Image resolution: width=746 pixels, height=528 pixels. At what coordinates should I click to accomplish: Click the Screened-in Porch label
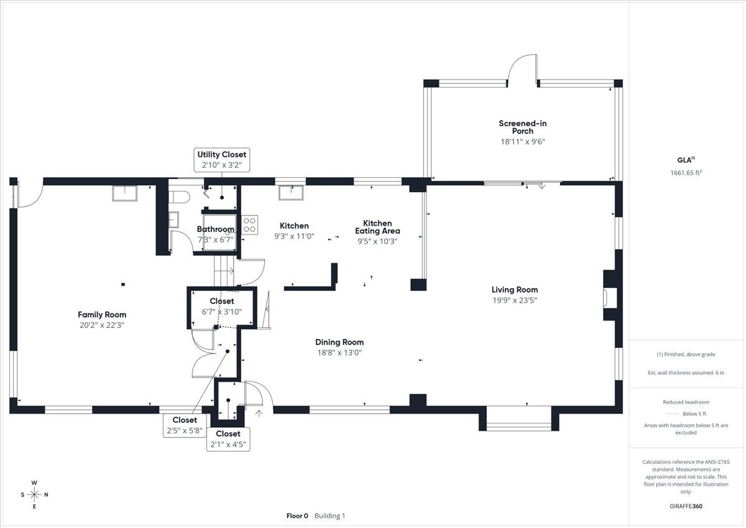pyautogui.click(x=523, y=127)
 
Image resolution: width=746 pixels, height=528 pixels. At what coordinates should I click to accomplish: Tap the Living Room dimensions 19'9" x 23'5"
pyautogui.click(x=515, y=300)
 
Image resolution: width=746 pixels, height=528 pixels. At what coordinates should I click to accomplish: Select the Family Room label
pyautogui.click(x=102, y=315)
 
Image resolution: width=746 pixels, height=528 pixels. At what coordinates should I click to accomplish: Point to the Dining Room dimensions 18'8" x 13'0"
pyautogui.click(x=339, y=353)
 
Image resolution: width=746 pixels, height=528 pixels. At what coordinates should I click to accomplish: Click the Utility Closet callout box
pyautogui.click(x=221, y=160)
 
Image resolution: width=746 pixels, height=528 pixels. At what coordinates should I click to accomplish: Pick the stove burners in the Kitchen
pyautogui.click(x=250, y=225)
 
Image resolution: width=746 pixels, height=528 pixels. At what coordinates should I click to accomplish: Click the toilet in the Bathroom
pyautogui.click(x=179, y=198)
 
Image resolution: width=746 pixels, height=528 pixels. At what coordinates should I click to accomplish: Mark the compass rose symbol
pyautogui.click(x=35, y=495)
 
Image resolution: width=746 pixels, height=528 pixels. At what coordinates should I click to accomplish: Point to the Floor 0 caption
pyautogui.click(x=297, y=516)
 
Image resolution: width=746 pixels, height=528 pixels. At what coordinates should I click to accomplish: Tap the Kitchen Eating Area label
pyautogui.click(x=377, y=227)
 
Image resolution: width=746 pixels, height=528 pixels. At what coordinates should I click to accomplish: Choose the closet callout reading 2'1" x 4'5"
pyautogui.click(x=228, y=438)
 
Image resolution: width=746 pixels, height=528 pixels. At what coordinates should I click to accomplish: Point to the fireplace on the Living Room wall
pyautogui.click(x=611, y=295)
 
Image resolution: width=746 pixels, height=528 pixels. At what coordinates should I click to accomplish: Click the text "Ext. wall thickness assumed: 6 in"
pyautogui.click(x=686, y=373)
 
